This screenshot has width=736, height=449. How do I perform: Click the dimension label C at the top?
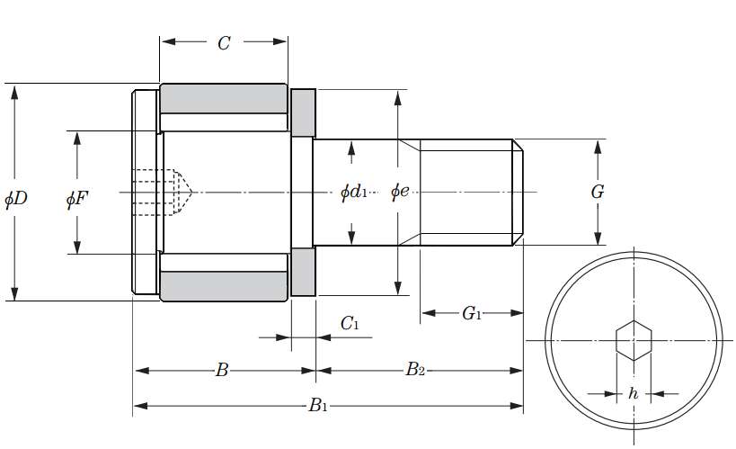tap(224, 43)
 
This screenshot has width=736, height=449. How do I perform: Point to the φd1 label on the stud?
tap(353, 192)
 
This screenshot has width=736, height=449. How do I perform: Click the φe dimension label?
tap(400, 192)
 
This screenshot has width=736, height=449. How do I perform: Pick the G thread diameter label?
tap(597, 192)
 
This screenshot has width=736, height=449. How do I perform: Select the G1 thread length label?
tap(472, 314)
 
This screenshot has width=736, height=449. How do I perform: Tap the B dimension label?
tap(221, 370)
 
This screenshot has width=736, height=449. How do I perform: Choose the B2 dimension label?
tap(414, 370)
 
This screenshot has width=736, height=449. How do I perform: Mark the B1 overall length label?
tap(317, 406)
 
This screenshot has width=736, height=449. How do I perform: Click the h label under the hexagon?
tap(634, 393)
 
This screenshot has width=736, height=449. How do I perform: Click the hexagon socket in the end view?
tap(634, 340)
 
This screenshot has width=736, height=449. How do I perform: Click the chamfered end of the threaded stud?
tap(518, 192)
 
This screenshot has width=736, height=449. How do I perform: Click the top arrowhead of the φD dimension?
tap(15, 90)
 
